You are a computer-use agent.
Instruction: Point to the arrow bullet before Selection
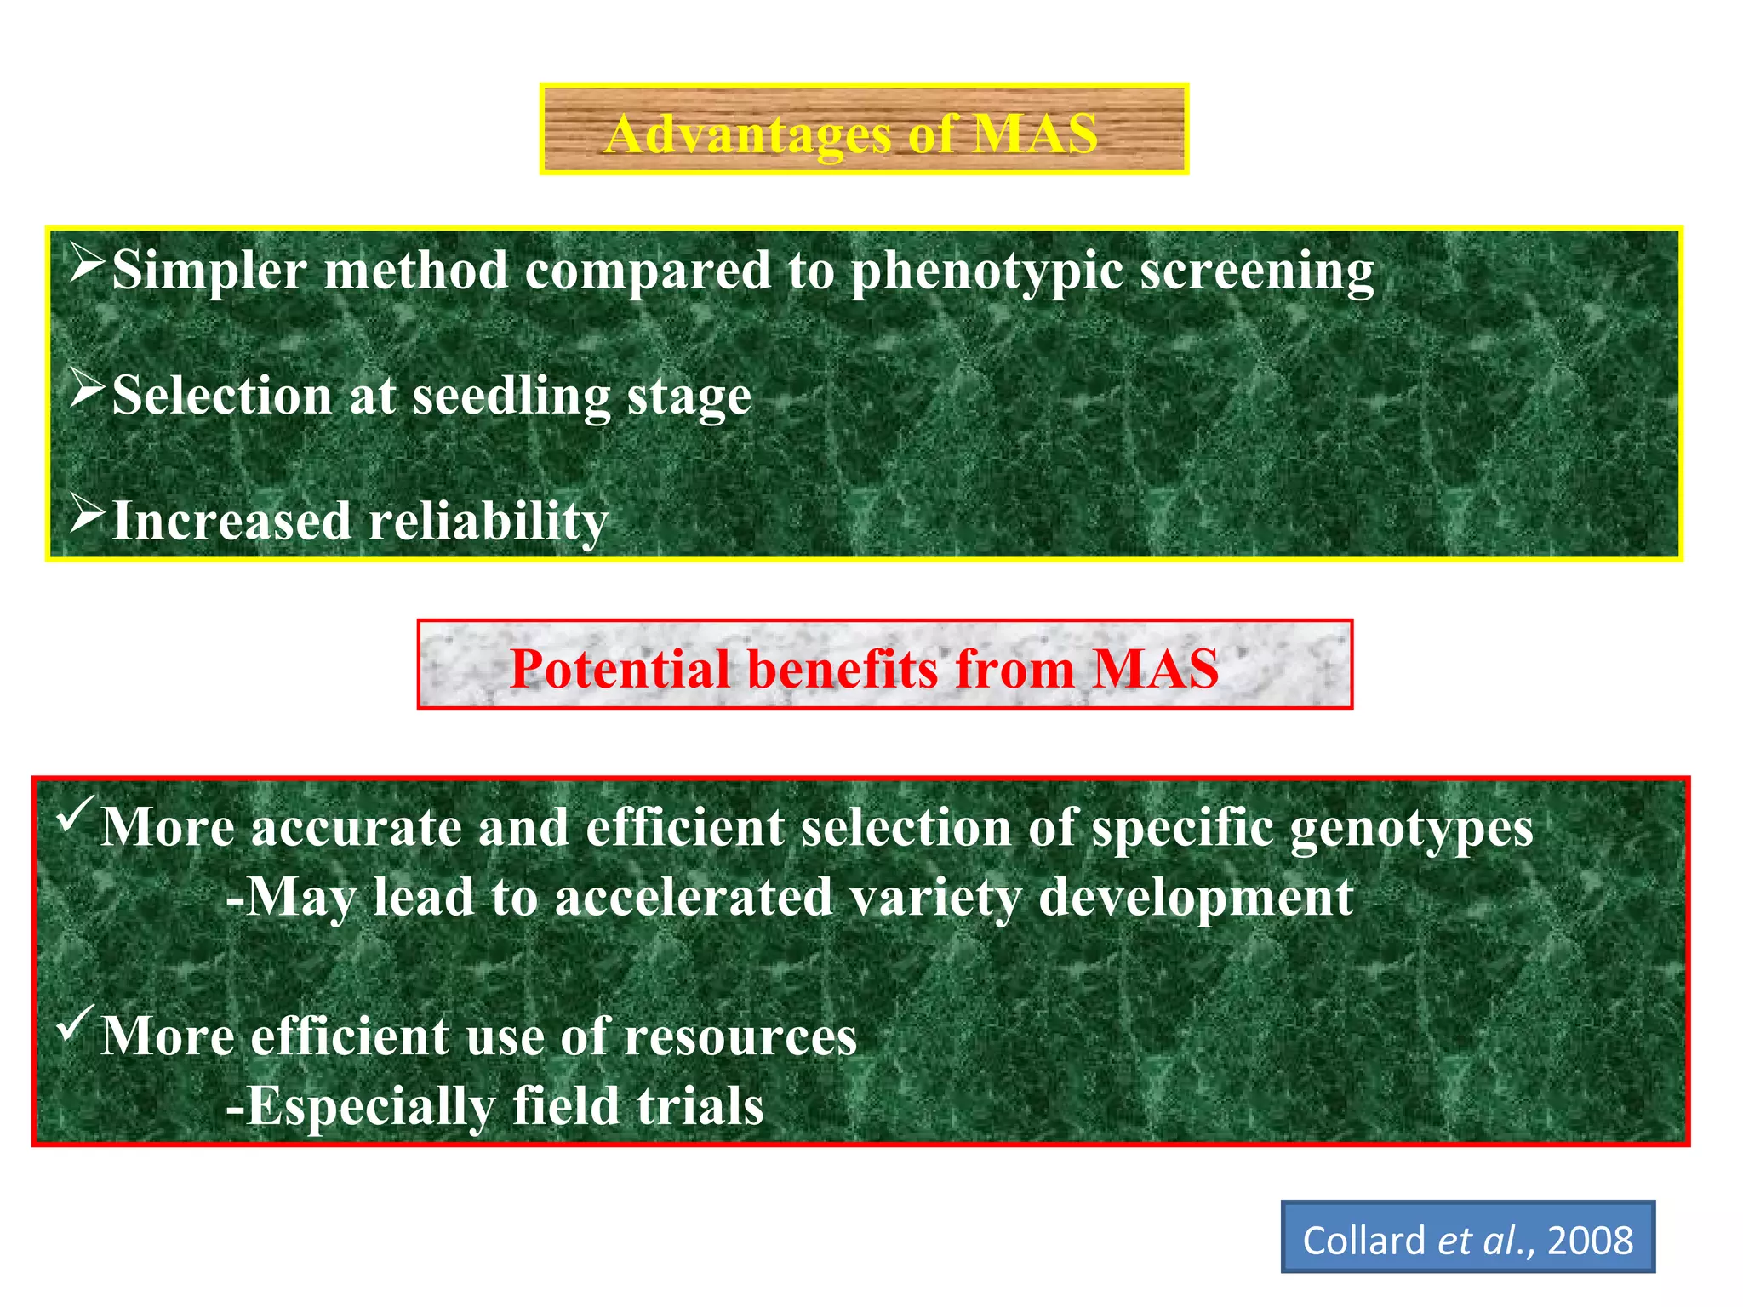pyautogui.click(x=87, y=389)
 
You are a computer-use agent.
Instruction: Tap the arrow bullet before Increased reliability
pyautogui.click(x=87, y=514)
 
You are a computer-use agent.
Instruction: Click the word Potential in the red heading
pyautogui.click(x=620, y=669)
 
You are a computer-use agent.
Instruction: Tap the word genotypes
pyautogui.click(x=1411, y=829)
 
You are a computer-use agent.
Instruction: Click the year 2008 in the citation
pyautogui.click(x=1590, y=1241)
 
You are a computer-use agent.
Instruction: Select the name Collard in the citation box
pyautogui.click(x=1363, y=1241)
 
